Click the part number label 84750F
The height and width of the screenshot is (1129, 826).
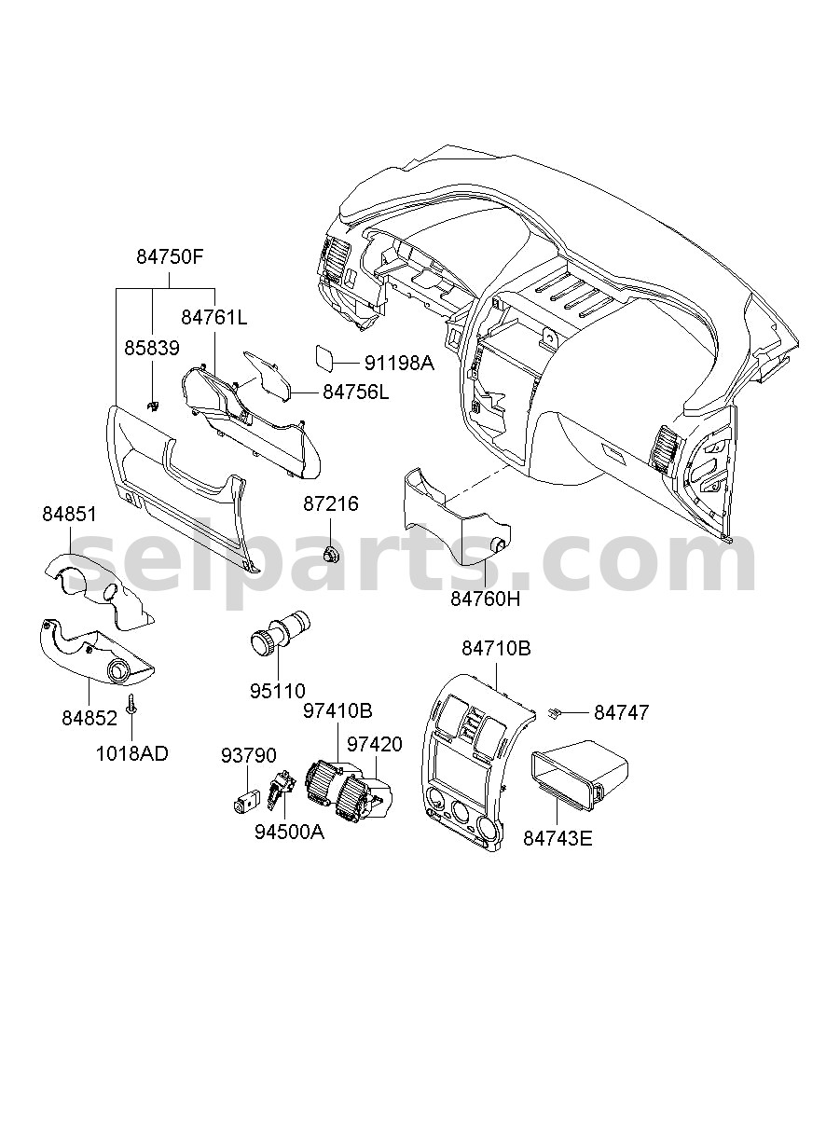[x=170, y=257]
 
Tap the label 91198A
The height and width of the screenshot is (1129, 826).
[x=399, y=363]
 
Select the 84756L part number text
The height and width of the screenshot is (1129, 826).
[x=356, y=392]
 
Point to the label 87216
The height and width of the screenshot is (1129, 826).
[x=331, y=503]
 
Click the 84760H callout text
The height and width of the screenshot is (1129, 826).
[x=485, y=599]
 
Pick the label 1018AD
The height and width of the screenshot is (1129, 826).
[x=132, y=754]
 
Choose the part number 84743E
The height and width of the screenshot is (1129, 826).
[x=558, y=839]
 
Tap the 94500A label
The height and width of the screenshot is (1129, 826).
[x=289, y=833]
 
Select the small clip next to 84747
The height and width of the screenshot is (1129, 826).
[x=554, y=712]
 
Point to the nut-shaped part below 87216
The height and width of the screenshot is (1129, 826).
[x=331, y=554]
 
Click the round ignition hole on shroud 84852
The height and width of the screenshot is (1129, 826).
[x=119, y=671]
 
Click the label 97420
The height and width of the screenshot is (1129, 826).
[x=375, y=744]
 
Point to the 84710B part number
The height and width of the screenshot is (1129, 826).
[x=496, y=649]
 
